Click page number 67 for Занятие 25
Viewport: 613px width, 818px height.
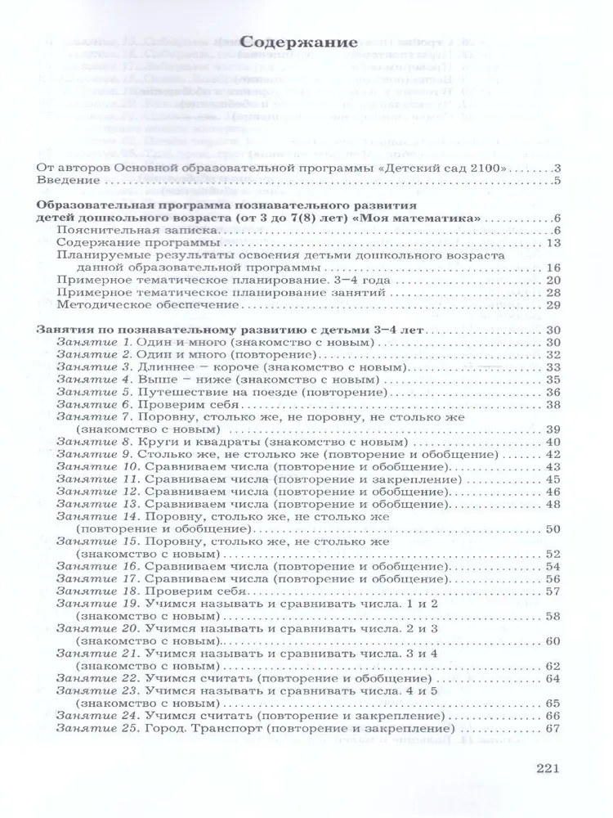[550, 728]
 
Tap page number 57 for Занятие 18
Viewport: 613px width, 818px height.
[550, 590]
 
